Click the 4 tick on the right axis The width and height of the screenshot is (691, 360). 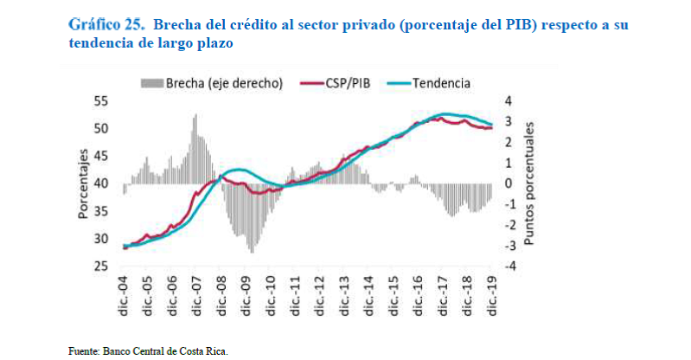pyautogui.click(x=509, y=101)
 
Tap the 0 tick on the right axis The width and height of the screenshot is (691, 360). pyautogui.click(x=509, y=183)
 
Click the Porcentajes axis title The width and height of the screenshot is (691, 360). pyautogui.click(x=84, y=184)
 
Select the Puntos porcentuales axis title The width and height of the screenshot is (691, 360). pyautogui.click(x=529, y=183)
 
